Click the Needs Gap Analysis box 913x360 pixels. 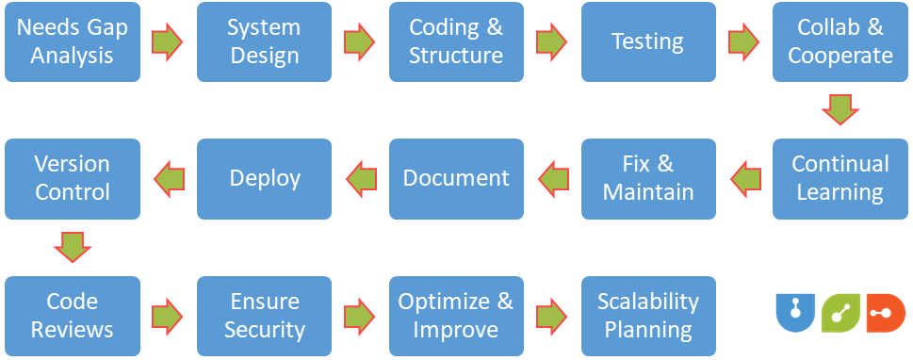(72, 41)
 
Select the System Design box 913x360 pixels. (264, 41)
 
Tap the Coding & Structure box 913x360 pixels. (456, 41)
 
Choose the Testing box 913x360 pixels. (648, 41)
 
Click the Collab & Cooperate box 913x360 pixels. (840, 41)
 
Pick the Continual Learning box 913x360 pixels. (840, 178)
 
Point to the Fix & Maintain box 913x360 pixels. (648, 178)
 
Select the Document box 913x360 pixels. (456, 178)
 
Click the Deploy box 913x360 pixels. (264, 178)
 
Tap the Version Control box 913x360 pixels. (72, 178)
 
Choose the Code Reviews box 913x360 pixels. (72, 316)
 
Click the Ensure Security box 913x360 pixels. (264, 316)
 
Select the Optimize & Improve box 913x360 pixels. (456, 316)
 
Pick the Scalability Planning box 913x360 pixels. (648, 316)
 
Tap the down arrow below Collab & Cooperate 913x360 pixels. (840, 108)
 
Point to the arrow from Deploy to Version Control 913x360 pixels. (169, 178)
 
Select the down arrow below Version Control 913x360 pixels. (72, 247)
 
